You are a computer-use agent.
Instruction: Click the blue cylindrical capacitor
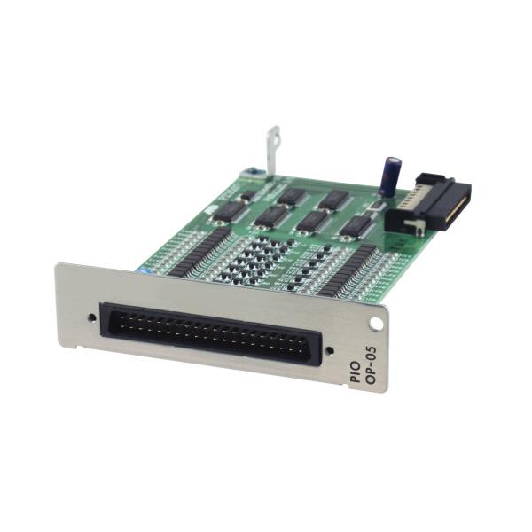[x=390, y=175]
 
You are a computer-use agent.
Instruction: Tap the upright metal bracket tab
[x=271, y=151]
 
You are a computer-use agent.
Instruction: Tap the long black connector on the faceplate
[x=206, y=331]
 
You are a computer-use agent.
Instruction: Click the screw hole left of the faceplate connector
[x=91, y=316]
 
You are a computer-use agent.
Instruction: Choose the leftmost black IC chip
[x=231, y=211]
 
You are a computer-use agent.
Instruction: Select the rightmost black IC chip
[x=356, y=226]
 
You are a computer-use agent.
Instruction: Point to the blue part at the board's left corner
[x=142, y=267]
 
